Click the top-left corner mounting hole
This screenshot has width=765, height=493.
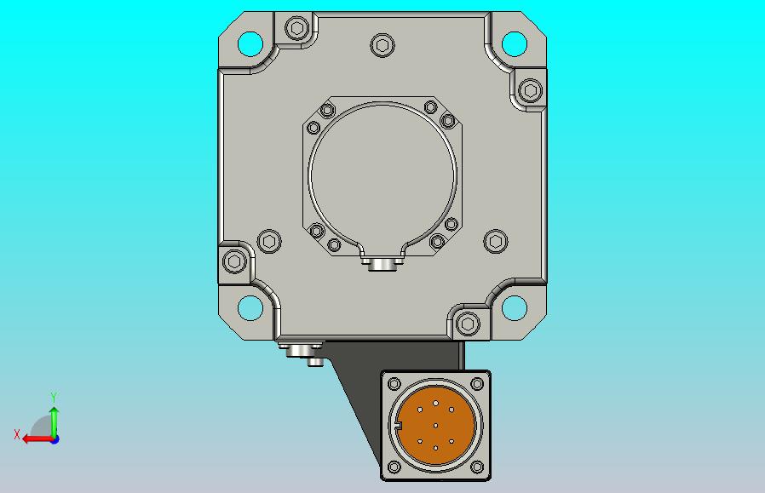[250, 44]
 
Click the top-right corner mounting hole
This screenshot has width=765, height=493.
[515, 44]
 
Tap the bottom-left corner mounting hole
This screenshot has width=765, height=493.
[250, 308]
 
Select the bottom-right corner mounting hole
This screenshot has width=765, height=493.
[515, 308]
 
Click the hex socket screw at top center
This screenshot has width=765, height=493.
[382, 45]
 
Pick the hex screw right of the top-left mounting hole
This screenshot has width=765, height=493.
[296, 28]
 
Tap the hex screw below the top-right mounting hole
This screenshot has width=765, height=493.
[531, 90]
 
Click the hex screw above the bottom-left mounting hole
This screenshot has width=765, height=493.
[234, 261]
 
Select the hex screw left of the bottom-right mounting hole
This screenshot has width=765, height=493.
[468, 324]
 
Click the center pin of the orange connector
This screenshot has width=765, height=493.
[435, 426]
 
